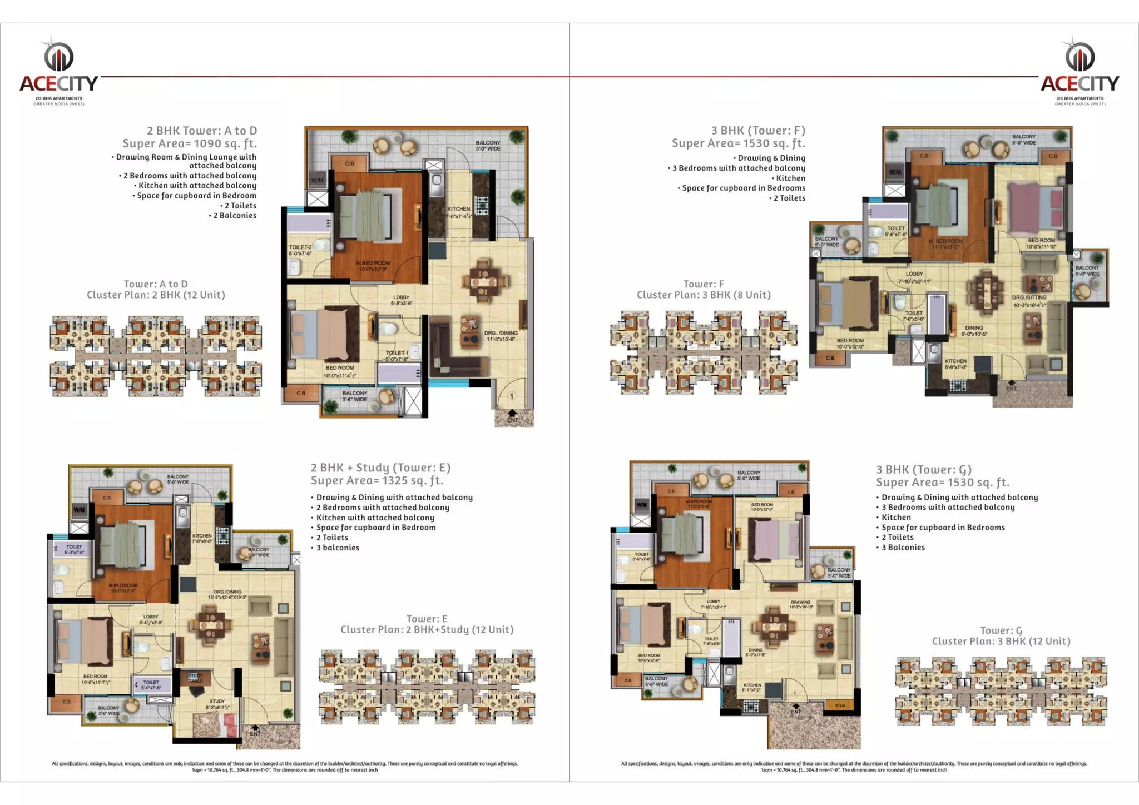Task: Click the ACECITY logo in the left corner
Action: point(59,71)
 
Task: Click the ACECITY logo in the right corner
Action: point(1079,71)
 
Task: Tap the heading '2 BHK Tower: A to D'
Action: point(201,131)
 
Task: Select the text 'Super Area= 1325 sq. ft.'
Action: point(377,480)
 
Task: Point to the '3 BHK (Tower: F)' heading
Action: point(757,130)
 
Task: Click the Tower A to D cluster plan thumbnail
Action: point(156,356)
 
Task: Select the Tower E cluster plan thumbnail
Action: point(427,687)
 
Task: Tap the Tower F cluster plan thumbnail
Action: point(704,352)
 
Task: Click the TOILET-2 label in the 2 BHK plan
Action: point(300,250)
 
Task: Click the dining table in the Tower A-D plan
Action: point(483,281)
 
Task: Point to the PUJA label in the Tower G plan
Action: point(840,705)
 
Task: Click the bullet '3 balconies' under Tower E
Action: point(338,548)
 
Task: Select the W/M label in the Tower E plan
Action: point(79,510)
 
